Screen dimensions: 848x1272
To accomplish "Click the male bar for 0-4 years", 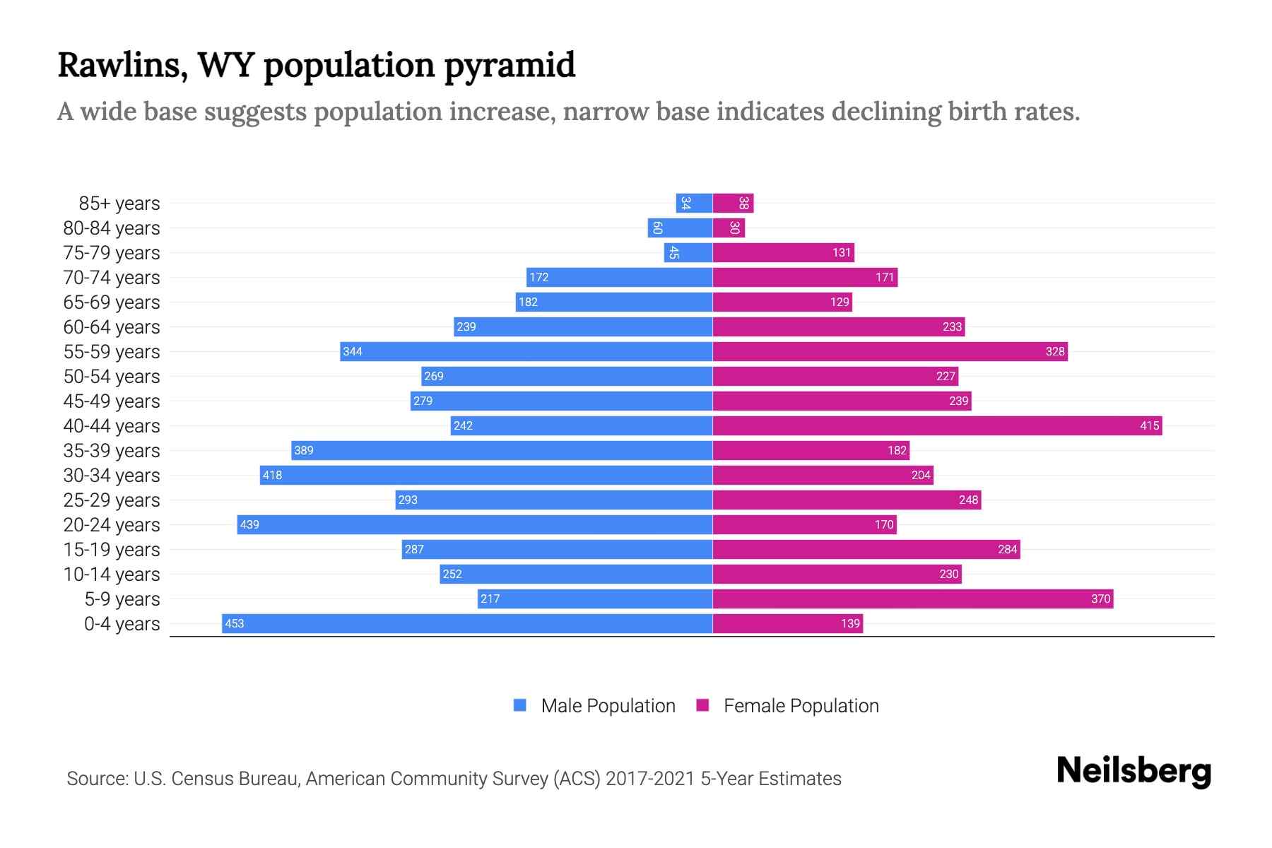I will tap(466, 623).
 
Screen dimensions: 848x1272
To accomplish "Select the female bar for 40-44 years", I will tap(936, 425).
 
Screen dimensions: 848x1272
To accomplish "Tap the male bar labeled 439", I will tap(473, 524).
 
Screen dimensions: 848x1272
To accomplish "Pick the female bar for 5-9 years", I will tap(912, 599).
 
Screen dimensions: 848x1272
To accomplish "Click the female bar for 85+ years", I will tap(733, 203).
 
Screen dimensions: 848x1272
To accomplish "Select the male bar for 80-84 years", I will tap(680, 228).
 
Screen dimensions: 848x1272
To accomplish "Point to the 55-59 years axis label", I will tap(112, 351).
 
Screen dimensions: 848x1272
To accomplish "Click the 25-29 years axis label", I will tap(112, 500).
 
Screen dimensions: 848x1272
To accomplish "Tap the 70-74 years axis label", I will tap(112, 277).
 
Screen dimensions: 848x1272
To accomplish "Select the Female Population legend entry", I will tap(788, 705).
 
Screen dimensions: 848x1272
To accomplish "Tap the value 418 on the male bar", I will tap(272, 475).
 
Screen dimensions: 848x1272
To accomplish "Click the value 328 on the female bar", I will tap(1054, 351).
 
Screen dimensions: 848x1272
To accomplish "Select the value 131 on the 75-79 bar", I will tap(841, 252).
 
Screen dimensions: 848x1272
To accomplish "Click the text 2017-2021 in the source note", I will tap(650, 778).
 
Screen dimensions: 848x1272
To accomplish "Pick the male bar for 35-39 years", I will tap(502, 450).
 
